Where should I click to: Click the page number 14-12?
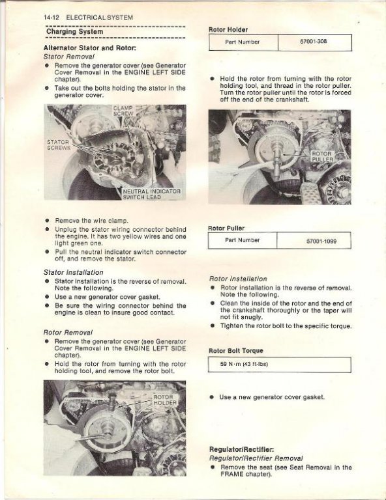click(x=52, y=18)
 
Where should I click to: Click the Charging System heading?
click(x=75, y=31)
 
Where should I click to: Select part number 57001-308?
click(x=314, y=41)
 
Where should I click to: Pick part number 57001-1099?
click(x=321, y=242)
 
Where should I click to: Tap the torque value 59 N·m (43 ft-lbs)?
click(x=244, y=364)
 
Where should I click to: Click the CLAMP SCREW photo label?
click(x=123, y=111)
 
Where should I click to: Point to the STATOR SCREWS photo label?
click(x=59, y=145)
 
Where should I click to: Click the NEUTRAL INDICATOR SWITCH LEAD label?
click(x=152, y=194)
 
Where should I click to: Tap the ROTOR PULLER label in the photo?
click(x=323, y=156)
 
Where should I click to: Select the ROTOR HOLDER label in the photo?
click(x=165, y=400)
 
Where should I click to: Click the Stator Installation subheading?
click(x=74, y=272)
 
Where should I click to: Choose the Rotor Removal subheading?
click(x=68, y=333)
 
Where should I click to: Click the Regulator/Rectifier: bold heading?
click(x=241, y=449)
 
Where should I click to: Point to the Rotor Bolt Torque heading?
click(x=236, y=351)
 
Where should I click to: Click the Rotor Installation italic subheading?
click(x=238, y=279)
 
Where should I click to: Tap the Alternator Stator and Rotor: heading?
click(x=90, y=48)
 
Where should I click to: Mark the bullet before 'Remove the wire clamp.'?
click(x=47, y=220)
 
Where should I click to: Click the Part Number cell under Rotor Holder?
click(x=243, y=42)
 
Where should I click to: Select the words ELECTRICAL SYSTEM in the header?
click(x=100, y=18)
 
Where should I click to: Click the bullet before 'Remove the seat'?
click(x=213, y=467)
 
